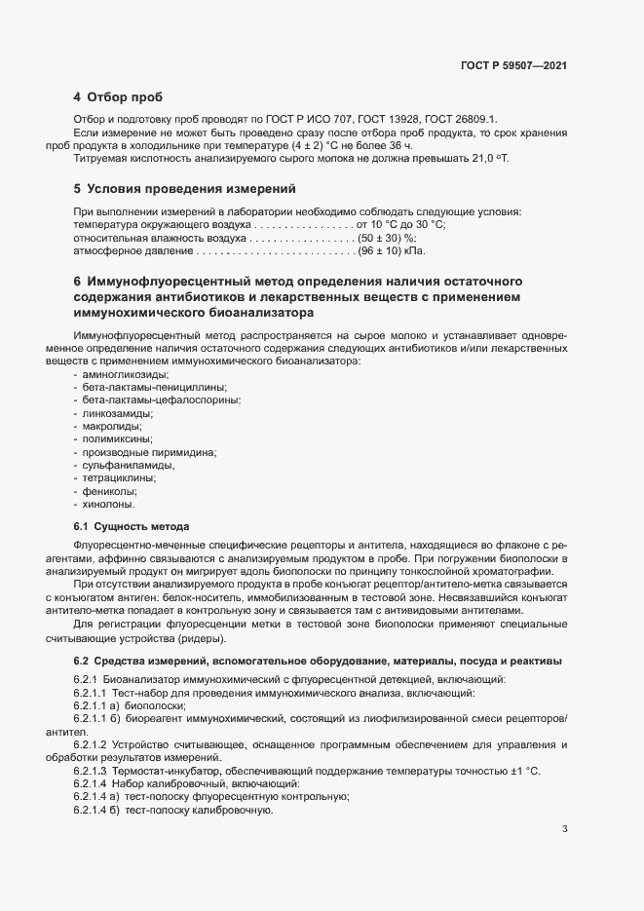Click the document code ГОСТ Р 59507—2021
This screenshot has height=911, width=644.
pyautogui.click(x=513, y=65)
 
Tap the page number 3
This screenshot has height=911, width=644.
pyautogui.click(x=565, y=829)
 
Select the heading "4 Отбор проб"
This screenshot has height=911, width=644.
pyautogui.click(x=118, y=97)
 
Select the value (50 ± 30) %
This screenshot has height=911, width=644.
pyautogui.click(x=387, y=238)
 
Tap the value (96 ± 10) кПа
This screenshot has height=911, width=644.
pyautogui.click(x=394, y=251)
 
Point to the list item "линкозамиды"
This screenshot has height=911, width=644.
pyautogui.click(x=115, y=413)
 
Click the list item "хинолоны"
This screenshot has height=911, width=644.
pyautogui.click(x=108, y=504)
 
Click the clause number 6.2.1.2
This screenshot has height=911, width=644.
pyautogui.click(x=93, y=745)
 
